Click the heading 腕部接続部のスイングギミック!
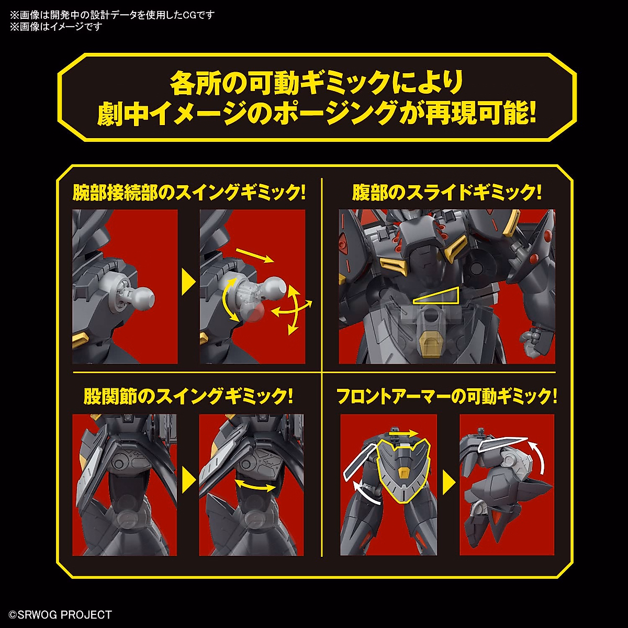[x=189, y=193]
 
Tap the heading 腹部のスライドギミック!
[x=446, y=193]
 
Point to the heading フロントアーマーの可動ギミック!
[x=446, y=396]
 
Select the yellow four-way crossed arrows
[x=291, y=311]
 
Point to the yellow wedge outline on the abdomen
[x=435, y=298]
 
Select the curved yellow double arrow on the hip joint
[x=255, y=486]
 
